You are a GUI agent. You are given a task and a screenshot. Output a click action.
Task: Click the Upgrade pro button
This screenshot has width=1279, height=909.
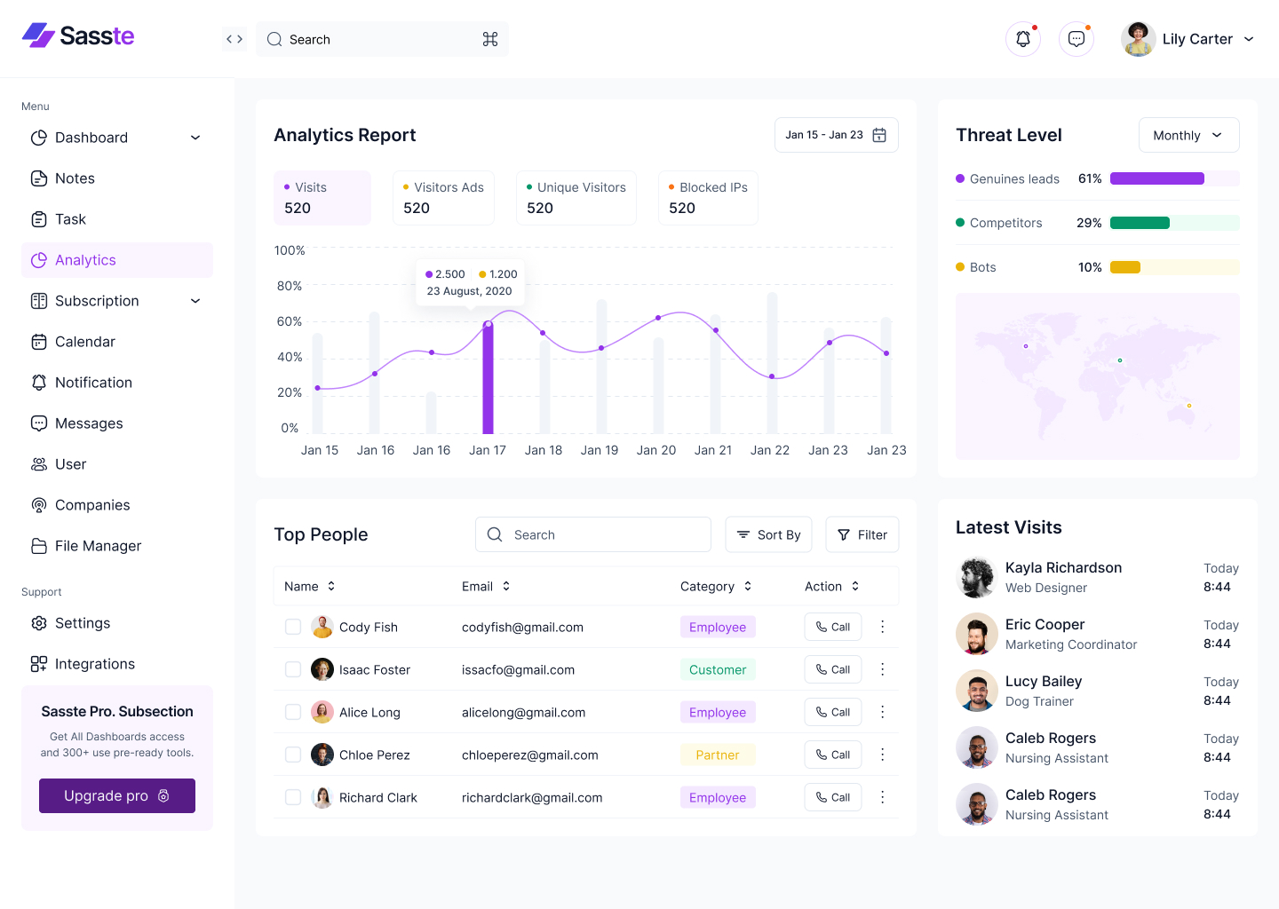(x=116, y=795)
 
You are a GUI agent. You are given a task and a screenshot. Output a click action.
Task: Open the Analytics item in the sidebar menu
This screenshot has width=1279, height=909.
(x=116, y=260)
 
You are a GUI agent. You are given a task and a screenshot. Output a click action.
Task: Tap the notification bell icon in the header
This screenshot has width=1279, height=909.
(x=1022, y=39)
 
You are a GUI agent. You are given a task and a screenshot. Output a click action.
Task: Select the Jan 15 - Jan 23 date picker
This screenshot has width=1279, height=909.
(x=836, y=135)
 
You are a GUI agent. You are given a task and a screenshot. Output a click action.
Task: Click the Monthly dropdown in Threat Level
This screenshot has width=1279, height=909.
(x=1188, y=135)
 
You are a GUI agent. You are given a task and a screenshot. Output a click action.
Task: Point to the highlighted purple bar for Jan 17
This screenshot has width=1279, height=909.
(x=488, y=380)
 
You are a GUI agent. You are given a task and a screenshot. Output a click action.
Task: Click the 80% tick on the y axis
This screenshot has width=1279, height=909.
(x=290, y=286)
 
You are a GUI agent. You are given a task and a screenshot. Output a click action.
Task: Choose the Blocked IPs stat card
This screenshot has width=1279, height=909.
(x=708, y=198)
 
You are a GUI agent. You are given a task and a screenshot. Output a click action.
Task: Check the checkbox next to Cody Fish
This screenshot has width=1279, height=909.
(x=293, y=627)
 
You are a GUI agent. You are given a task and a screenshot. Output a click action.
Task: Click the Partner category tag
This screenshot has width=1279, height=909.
(x=717, y=755)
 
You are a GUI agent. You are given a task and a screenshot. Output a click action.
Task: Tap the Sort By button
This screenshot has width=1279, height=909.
(x=768, y=534)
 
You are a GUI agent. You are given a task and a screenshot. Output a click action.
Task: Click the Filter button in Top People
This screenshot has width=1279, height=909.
(x=862, y=534)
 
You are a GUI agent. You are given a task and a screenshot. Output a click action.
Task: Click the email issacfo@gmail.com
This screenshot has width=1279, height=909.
(x=518, y=669)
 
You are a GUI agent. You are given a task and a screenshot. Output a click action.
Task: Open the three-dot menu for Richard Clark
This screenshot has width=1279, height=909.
(x=882, y=797)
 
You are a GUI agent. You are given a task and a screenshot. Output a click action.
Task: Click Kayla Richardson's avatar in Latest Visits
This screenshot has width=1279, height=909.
(x=976, y=577)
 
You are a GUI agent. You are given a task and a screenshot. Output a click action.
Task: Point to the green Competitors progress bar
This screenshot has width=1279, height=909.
(x=1140, y=223)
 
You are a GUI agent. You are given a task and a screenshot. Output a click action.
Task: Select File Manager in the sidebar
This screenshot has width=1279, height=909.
(x=98, y=546)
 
